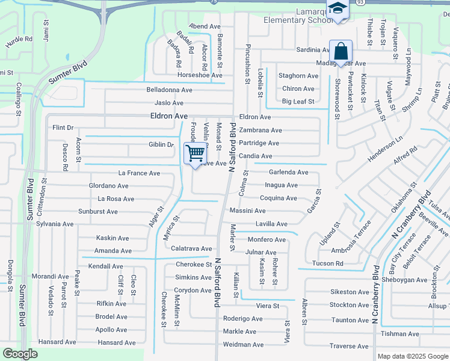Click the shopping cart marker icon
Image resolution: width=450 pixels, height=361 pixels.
(x=195, y=154)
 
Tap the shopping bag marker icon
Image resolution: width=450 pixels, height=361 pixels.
(x=341, y=52)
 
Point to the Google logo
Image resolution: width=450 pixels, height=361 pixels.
(x=20, y=353)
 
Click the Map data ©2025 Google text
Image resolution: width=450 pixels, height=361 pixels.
(x=412, y=356)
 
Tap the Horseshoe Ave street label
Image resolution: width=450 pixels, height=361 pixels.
(x=200, y=75)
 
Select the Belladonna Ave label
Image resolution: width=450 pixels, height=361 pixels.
(x=169, y=90)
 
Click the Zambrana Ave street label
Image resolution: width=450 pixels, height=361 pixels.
(x=260, y=130)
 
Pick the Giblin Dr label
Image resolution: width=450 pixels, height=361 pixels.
(x=161, y=144)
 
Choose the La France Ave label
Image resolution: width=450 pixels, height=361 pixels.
(x=139, y=173)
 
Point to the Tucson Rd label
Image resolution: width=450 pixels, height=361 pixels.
(x=328, y=264)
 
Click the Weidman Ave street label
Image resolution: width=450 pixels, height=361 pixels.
(x=243, y=345)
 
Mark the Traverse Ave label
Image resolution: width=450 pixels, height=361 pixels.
(x=349, y=347)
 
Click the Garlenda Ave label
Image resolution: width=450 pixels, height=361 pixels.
(x=288, y=172)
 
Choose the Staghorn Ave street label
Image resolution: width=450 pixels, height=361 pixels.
(x=298, y=76)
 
